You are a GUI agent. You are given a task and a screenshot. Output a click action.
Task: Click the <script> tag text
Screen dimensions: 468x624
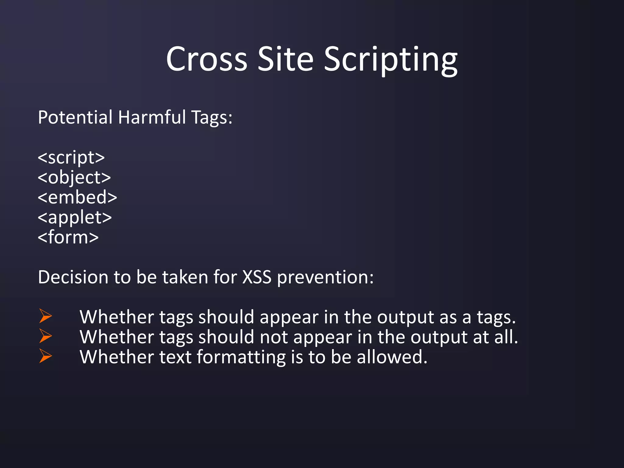(71, 158)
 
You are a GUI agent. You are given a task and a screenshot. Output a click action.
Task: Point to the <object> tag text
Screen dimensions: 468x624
(74, 178)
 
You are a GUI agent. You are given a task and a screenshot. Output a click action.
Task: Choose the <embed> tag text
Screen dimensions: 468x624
(77, 197)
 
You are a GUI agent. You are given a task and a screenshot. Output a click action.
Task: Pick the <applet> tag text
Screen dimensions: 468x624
(75, 218)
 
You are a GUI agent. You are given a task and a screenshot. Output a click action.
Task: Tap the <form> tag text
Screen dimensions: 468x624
(68, 237)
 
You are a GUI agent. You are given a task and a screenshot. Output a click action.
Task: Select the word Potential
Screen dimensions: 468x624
(75, 117)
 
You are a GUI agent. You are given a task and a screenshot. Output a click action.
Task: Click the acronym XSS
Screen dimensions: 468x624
(257, 277)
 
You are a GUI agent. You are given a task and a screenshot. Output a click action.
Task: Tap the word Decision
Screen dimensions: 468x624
(73, 277)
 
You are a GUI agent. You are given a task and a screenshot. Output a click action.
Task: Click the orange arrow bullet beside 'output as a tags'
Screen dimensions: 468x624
(45, 316)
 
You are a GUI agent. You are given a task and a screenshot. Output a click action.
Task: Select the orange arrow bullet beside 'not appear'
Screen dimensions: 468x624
(45, 336)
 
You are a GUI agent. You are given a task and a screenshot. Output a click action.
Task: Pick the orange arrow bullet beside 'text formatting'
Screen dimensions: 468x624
(45, 356)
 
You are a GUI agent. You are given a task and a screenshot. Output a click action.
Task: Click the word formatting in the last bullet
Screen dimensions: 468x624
(241, 357)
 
